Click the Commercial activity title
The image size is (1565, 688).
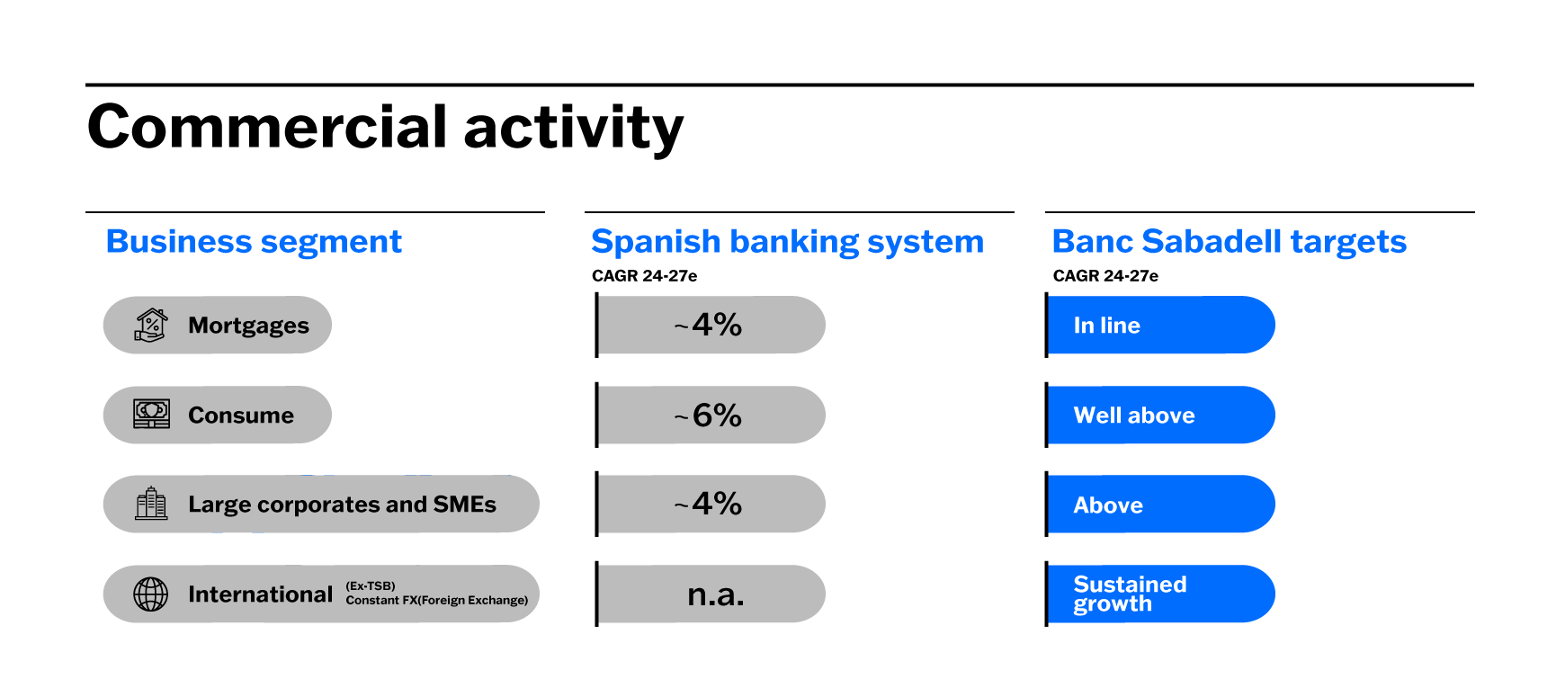(x=385, y=128)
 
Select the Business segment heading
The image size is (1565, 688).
(x=254, y=242)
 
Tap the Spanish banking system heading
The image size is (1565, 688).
(x=787, y=242)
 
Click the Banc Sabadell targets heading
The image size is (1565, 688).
(x=1229, y=242)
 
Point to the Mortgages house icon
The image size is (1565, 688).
(x=151, y=325)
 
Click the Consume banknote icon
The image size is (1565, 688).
(x=151, y=414)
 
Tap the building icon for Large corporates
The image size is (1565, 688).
(x=151, y=504)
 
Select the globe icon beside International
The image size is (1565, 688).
(x=151, y=594)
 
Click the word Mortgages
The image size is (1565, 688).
(x=248, y=326)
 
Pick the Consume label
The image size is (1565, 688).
(x=241, y=415)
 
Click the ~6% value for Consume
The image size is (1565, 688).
(x=708, y=415)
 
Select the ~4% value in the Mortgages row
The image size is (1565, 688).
(x=708, y=325)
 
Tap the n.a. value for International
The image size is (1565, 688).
(x=716, y=595)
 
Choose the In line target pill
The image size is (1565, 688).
(x=1160, y=325)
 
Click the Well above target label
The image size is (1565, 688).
(x=1134, y=415)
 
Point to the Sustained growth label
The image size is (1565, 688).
(x=1130, y=594)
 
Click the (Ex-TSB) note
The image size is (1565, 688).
(x=371, y=586)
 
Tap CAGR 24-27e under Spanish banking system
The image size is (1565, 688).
(x=644, y=276)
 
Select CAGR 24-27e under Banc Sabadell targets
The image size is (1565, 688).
(x=1105, y=276)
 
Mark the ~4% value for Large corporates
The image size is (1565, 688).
(x=708, y=504)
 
